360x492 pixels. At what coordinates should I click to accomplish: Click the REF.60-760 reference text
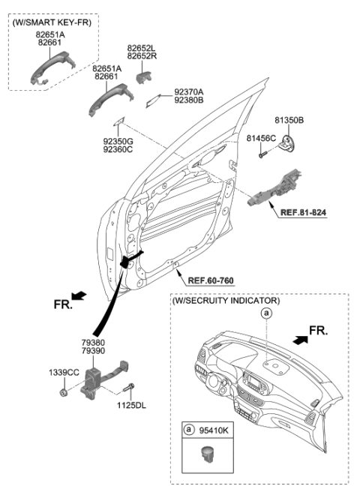[211, 280]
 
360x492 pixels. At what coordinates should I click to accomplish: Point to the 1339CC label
[63, 373]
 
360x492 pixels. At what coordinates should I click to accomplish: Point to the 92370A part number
[189, 92]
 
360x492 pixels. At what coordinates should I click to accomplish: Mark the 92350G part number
[117, 140]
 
